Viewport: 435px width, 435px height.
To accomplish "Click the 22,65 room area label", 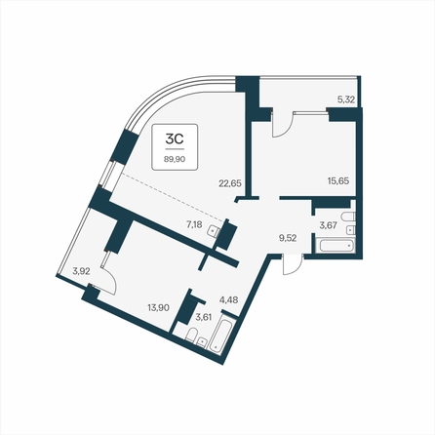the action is (230, 183).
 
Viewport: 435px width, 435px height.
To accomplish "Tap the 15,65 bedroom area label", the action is (338, 180).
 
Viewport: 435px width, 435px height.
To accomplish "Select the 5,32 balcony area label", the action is (345, 99).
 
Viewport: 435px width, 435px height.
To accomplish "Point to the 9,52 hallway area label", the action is (288, 238).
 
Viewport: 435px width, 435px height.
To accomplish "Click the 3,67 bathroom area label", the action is (328, 225).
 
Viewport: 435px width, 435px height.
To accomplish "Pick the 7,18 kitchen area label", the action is (195, 224).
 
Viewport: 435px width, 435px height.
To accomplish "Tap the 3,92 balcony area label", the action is (81, 271).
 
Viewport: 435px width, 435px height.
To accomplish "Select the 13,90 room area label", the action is (158, 307).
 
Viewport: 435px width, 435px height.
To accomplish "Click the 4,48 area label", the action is (229, 299).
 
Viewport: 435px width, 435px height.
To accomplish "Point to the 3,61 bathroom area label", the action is (204, 317).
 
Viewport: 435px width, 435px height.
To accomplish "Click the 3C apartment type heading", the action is (175, 138).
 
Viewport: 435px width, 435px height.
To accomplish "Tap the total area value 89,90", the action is (175, 159).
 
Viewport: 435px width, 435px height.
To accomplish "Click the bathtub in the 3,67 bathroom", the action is (336, 246).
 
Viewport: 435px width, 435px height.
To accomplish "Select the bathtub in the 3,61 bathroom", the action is (221, 336).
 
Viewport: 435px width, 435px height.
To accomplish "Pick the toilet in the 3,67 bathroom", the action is (347, 217).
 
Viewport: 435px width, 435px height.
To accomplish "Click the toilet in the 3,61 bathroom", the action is (191, 335).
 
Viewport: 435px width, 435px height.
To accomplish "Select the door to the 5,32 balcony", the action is (282, 124).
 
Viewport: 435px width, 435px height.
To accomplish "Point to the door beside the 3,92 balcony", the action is (108, 274).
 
